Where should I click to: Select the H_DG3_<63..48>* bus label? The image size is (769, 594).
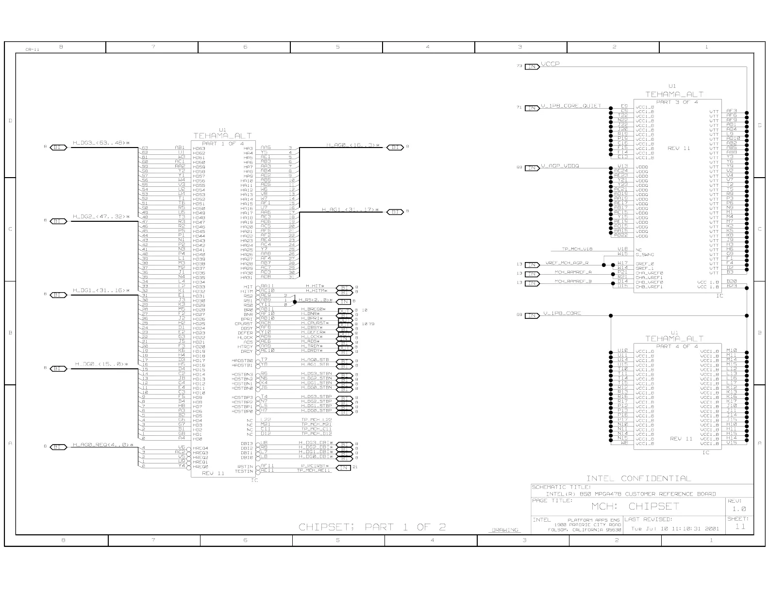(101, 143)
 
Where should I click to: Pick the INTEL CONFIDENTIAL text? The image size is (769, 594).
(638, 478)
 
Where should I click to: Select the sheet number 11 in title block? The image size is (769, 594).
(740, 527)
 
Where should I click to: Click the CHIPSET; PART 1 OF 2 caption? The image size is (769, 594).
(372, 527)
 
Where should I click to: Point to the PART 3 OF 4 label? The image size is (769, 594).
(677, 102)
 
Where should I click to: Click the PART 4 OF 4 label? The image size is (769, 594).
(677, 346)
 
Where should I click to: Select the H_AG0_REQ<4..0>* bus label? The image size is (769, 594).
(102, 444)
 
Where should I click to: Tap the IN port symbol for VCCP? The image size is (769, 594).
(532, 66)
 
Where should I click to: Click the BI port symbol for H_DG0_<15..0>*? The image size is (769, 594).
(58, 368)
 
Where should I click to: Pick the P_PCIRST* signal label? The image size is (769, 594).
(316, 465)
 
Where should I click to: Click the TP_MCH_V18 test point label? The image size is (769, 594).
(577, 249)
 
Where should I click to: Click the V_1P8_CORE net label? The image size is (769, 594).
(562, 313)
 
